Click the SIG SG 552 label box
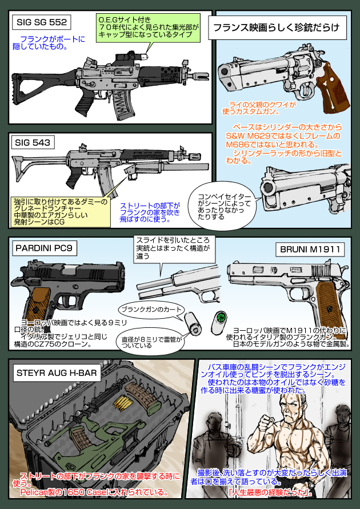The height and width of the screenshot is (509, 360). pyautogui.click(x=41, y=23)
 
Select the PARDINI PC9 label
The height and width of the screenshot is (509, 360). pyautogui.click(x=45, y=249)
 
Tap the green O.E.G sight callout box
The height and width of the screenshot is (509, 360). pyautogui.click(x=147, y=27)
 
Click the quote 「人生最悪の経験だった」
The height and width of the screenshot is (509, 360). pyautogui.click(x=269, y=492)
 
